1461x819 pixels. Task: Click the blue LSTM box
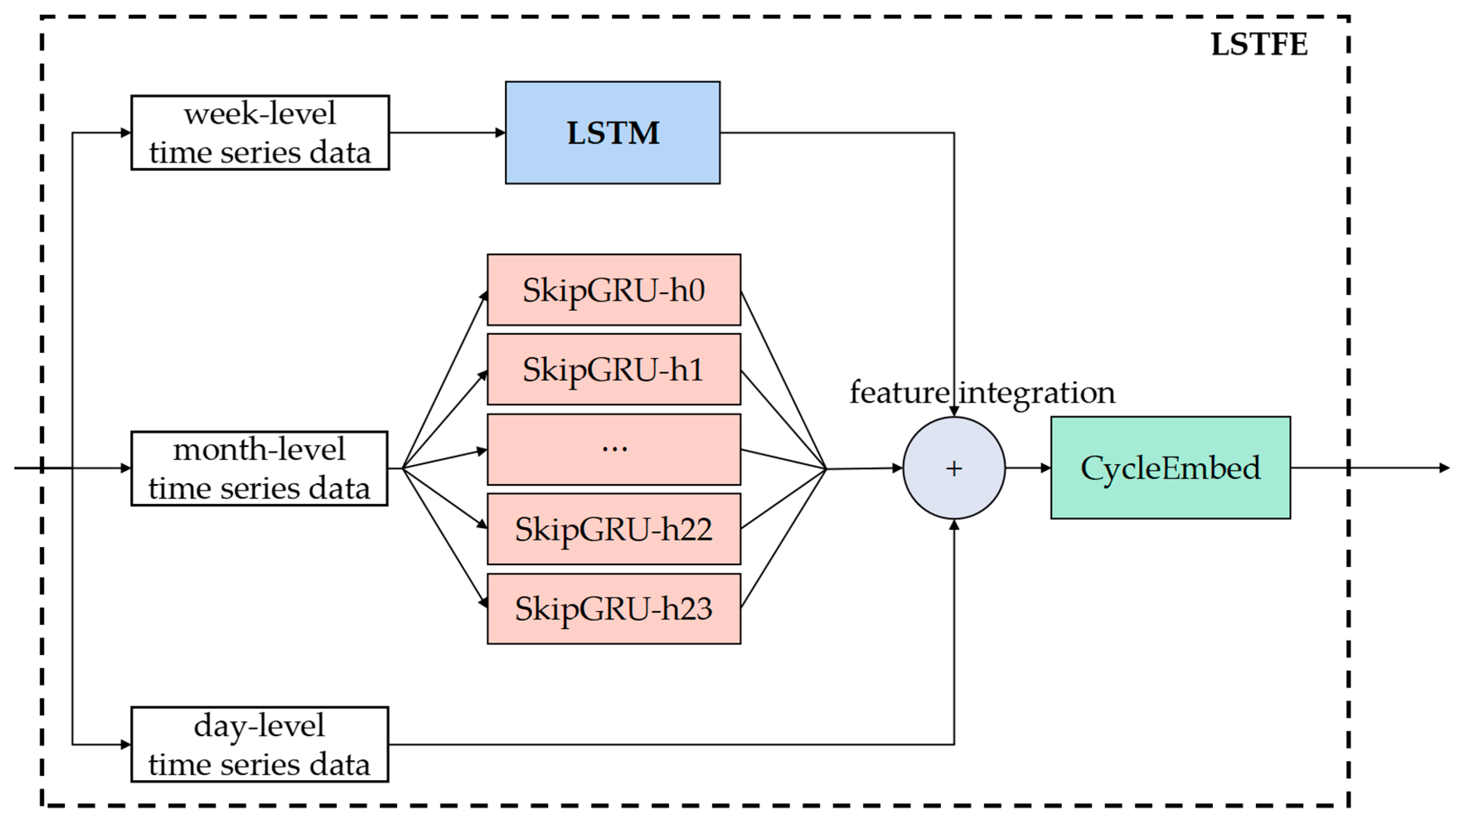pos(612,133)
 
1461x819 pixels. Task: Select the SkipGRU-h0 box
pos(614,290)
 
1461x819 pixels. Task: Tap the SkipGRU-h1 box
pos(614,369)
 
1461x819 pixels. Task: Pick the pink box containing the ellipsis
pos(614,449)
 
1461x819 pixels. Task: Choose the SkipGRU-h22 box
pos(614,528)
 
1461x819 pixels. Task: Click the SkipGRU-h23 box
pos(614,608)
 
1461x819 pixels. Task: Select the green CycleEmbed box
pos(1171,468)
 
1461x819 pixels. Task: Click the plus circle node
pos(954,468)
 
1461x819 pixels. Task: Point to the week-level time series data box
pos(260,133)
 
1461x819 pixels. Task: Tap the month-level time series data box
pos(259,468)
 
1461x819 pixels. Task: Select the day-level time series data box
pos(260,744)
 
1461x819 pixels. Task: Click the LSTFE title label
pos(1259,44)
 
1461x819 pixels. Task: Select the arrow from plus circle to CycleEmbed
pos(1028,468)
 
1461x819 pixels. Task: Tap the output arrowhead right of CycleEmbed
pos(1444,468)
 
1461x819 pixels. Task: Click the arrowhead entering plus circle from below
pos(954,525)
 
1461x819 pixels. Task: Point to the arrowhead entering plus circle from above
pos(954,411)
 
